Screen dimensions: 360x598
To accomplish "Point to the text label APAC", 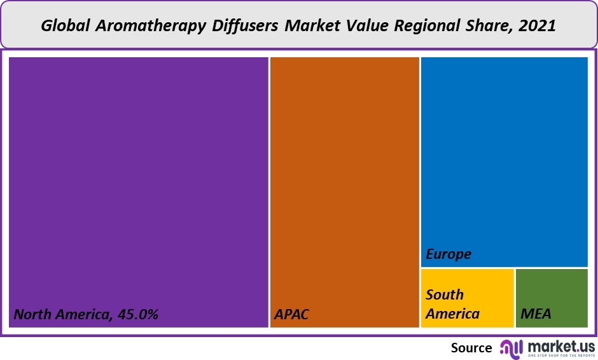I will coord(291,314).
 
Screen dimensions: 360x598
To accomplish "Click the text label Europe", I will coord(448,254).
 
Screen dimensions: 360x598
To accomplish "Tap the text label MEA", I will coord(536,314).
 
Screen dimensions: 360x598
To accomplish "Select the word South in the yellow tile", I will coord(445,294).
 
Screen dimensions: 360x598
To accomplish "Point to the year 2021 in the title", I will coord(538,26).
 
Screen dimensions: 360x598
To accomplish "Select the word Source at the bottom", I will coord(471,348).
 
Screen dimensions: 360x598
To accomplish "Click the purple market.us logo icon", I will coord(511,348).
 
